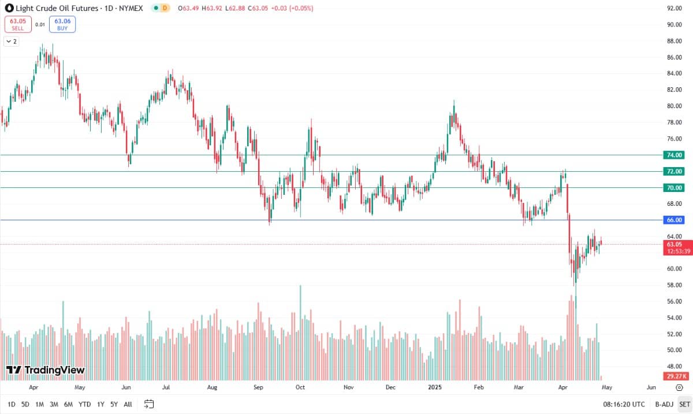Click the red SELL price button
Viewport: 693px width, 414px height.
coord(18,24)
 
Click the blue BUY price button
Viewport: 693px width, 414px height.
coord(62,24)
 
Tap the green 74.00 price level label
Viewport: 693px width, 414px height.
coord(674,155)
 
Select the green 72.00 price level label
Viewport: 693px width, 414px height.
coord(674,171)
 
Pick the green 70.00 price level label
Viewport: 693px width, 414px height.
coord(674,188)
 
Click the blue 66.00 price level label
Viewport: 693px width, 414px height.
coord(674,220)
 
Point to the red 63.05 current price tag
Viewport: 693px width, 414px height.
coord(677,247)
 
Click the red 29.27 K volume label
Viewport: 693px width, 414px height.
coord(676,376)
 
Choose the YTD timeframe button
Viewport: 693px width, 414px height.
coord(84,404)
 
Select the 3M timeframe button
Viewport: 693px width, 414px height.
coord(54,404)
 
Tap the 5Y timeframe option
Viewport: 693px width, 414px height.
coord(114,404)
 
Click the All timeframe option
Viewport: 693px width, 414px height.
coord(128,404)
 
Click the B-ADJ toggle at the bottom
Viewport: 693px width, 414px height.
coord(664,404)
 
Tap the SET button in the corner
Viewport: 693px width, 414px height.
coord(684,404)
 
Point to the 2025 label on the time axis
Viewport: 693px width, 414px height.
coord(435,387)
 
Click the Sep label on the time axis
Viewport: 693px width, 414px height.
coord(258,387)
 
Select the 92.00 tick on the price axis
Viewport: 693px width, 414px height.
coord(674,8)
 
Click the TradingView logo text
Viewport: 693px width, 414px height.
coord(54,369)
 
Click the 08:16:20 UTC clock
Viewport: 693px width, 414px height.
coord(624,404)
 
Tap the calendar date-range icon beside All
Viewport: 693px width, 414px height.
coord(149,404)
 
